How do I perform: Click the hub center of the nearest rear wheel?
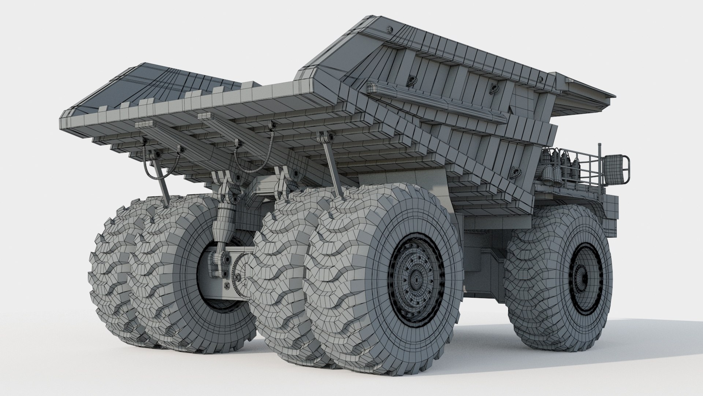(416, 280)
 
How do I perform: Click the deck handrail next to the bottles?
(582, 165)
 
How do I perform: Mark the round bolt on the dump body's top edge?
(389, 29)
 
